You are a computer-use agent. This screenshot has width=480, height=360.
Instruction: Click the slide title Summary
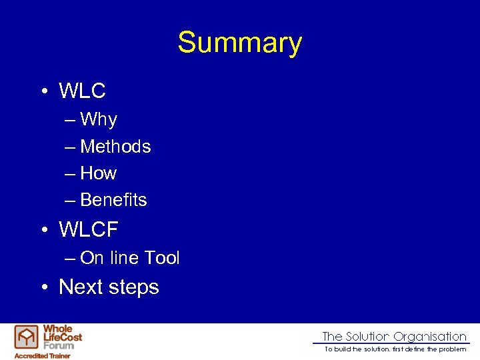point(239,43)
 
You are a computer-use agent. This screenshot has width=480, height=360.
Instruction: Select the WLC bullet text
point(82,91)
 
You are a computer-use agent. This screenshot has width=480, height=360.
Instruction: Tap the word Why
point(98,120)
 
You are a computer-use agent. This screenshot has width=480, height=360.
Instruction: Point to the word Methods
point(115,147)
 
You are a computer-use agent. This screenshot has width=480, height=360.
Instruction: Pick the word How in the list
point(98,173)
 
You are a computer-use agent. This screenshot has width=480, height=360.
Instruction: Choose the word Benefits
point(113,200)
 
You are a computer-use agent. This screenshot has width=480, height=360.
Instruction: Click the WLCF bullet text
point(88,230)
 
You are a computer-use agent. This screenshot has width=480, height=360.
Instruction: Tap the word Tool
point(162,258)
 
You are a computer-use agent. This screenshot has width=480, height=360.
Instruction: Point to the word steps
point(136,288)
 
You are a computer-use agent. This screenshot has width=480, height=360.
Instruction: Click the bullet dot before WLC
point(43,91)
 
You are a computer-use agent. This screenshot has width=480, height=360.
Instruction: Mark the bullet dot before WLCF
point(43,231)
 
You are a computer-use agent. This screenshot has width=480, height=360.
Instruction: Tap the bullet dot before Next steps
point(43,288)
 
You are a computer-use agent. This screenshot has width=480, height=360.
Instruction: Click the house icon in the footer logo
point(27,337)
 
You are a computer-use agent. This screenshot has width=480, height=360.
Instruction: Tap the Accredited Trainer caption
point(43,355)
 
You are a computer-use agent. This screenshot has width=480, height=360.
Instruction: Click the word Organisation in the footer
point(430,337)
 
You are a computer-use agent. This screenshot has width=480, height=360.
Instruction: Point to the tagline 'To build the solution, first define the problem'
point(395,349)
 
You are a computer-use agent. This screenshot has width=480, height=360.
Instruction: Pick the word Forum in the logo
point(58,345)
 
